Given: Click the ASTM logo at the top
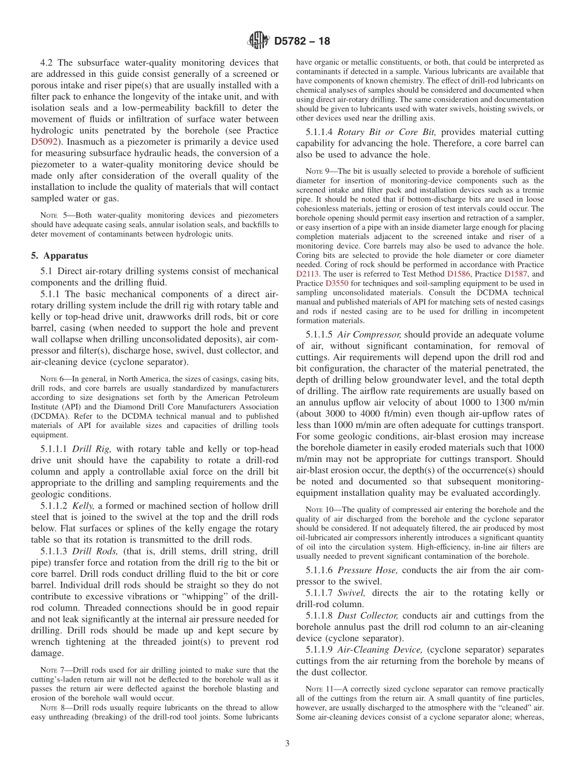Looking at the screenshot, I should (x=258, y=41).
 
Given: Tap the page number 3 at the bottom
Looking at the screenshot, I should (x=287, y=743).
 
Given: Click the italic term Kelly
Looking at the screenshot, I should (x=84, y=505).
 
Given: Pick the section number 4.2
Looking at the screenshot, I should (x=47, y=62).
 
